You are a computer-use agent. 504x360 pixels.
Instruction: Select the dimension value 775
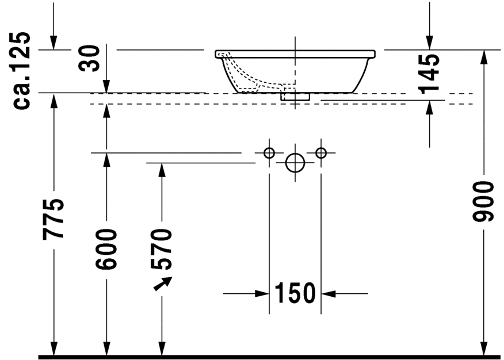54,219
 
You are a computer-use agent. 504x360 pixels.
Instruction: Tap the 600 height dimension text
106,249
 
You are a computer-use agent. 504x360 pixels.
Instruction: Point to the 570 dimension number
162,249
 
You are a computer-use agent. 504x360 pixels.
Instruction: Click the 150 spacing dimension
295,294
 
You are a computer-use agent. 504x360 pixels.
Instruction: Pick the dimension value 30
91,58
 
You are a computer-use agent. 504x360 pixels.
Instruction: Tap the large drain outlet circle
295,163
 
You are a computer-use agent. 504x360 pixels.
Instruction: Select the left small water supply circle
269,153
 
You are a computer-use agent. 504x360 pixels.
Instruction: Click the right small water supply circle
321,153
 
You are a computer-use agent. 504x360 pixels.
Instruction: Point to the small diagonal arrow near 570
163,284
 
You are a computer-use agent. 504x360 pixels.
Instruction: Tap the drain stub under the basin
295,97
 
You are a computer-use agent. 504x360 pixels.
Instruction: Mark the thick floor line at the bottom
270,357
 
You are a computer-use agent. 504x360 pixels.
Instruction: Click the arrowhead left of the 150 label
264,294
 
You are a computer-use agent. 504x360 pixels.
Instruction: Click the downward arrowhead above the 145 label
429,43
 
